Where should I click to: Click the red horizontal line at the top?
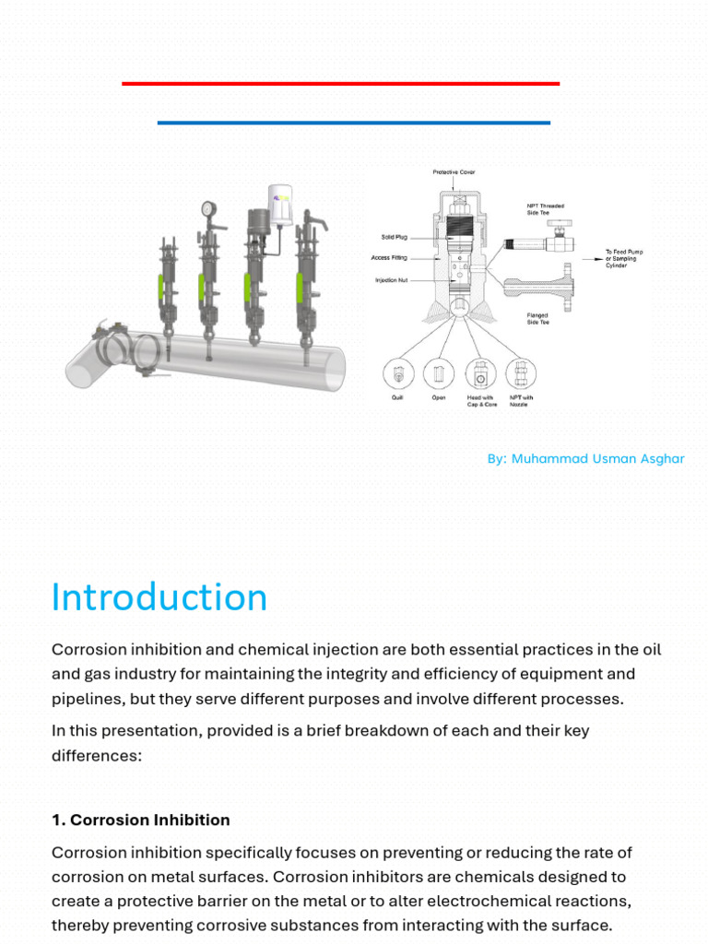(x=340, y=84)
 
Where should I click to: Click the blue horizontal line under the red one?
(x=354, y=123)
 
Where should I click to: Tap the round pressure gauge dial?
(x=207, y=208)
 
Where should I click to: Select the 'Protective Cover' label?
(x=454, y=172)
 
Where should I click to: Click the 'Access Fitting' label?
(x=395, y=258)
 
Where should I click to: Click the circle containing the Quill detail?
(x=398, y=374)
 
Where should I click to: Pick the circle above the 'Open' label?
(x=439, y=374)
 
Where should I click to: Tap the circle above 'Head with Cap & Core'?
(x=480, y=374)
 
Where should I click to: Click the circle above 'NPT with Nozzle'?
(x=521, y=374)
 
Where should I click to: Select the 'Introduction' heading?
(x=159, y=597)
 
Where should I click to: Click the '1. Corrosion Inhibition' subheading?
(x=141, y=820)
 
